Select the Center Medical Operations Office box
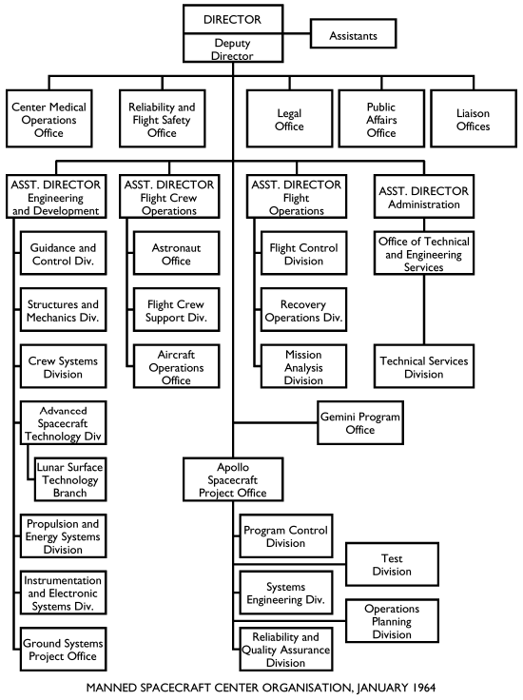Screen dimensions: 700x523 tap(49, 118)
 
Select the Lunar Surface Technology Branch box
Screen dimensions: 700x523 tap(68, 479)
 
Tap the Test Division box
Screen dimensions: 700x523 tap(392, 565)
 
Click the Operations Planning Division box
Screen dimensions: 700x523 tap(392, 621)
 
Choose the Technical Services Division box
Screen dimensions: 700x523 tap(424, 367)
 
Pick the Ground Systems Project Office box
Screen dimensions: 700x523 tap(62, 650)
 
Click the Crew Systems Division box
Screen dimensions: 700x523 tap(62, 367)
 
